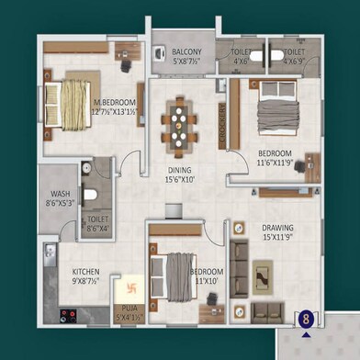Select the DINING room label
pyautogui.click(x=179, y=169)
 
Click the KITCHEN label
pyautogui.click(x=87, y=272)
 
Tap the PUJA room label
pyautogui.click(x=129, y=309)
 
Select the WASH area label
pyautogui.click(x=61, y=194)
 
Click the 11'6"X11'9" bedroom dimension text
pyautogui.click(x=274, y=162)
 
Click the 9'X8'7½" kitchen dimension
pyautogui.click(x=87, y=283)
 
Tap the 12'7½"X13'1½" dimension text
pyautogui.click(x=116, y=112)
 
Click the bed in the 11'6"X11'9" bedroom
pyautogui.click(x=273, y=112)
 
